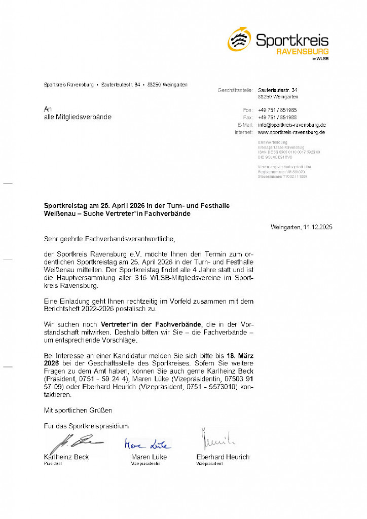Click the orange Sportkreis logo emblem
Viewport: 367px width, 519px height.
pos(239,39)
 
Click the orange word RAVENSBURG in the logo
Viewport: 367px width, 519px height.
pos(302,52)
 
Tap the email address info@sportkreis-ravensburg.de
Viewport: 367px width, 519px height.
pos(291,125)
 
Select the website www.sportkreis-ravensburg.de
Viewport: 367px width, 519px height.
pos(291,132)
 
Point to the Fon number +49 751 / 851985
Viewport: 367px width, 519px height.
pos(277,110)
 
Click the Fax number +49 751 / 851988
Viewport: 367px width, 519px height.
pos(277,118)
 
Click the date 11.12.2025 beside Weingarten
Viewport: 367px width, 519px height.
pos(317,227)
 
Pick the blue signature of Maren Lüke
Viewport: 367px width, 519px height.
pos(148,444)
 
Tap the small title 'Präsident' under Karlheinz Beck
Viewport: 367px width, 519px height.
pos(53,464)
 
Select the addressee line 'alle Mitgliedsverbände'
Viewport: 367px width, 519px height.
pos(78,117)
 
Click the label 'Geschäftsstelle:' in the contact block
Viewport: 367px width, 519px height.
pos(235,90)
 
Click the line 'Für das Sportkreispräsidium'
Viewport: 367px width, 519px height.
pos(86,426)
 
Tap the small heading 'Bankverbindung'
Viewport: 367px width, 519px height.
pos(273,142)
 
